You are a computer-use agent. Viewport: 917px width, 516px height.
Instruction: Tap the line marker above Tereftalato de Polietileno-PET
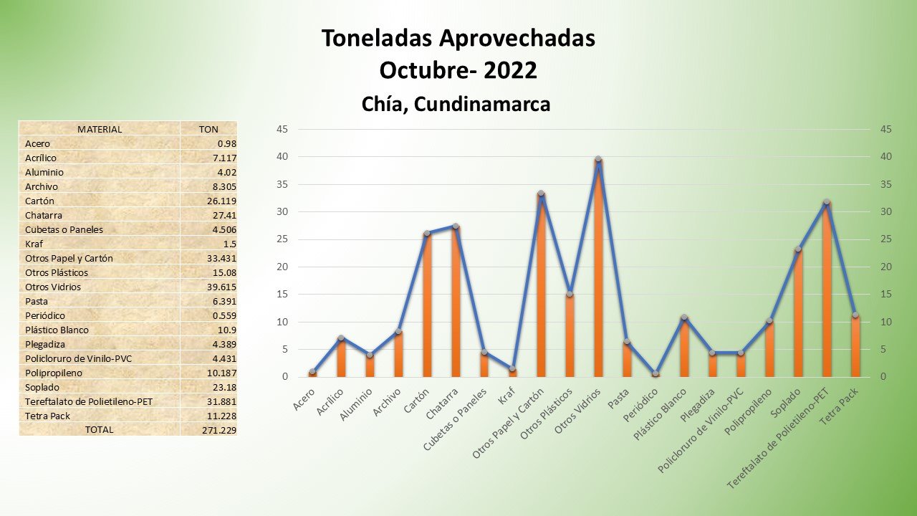pyautogui.click(x=826, y=202)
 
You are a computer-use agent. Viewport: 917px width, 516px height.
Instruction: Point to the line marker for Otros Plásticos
pyautogui.click(x=570, y=294)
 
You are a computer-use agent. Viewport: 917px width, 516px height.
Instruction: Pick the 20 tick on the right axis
pyautogui.click(x=886, y=267)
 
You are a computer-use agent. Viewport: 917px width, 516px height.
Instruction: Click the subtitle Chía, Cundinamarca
pyautogui.click(x=456, y=104)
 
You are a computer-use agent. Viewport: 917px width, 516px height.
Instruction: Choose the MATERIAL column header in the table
pyautogui.click(x=100, y=129)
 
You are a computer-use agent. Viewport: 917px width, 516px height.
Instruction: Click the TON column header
pyautogui.click(x=208, y=129)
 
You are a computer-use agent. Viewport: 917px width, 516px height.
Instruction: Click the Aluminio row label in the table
pyautogui.click(x=44, y=172)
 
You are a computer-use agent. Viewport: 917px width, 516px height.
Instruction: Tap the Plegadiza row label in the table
pyautogui.click(x=45, y=344)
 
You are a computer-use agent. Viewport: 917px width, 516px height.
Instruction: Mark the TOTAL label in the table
pyautogui.click(x=100, y=430)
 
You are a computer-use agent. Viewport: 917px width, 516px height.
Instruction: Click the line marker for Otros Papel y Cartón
pyautogui.click(x=541, y=193)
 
